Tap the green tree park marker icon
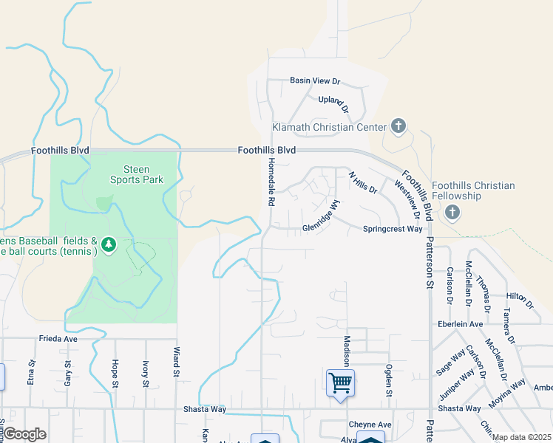click(109, 244)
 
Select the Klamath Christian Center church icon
click(398, 126)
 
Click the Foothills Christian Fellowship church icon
click(452, 213)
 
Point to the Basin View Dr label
click(314, 80)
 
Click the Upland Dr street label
click(332, 100)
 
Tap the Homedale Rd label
click(271, 180)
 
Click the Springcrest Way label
click(393, 229)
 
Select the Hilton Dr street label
click(519, 298)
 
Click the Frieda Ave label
click(58, 339)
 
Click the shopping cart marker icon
click(340, 383)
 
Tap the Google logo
click(24, 435)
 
